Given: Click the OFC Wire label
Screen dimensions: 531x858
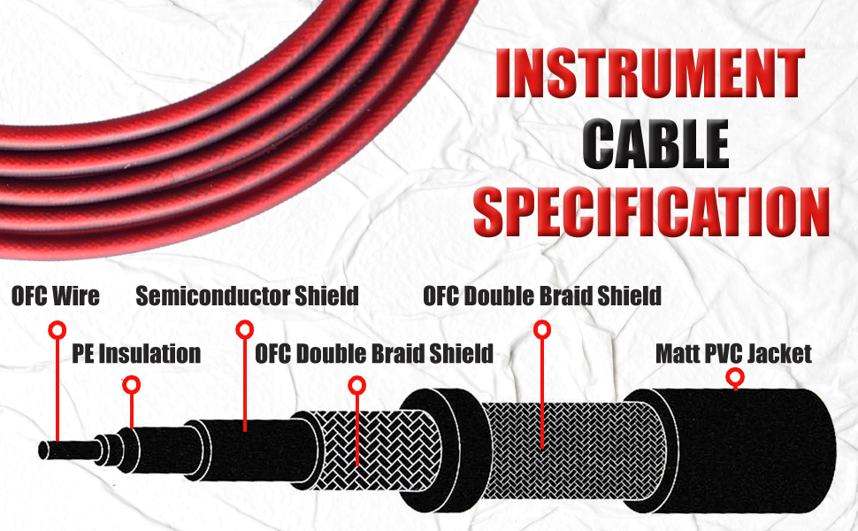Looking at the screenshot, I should click(55, 296).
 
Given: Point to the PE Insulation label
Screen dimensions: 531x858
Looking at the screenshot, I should click(135, 355).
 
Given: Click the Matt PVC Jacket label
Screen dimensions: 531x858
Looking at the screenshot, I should click(733, 354).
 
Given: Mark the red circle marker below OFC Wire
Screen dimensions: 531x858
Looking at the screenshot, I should click(57, 330).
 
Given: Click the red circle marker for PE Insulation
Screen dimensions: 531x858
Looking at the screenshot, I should click(132, 385).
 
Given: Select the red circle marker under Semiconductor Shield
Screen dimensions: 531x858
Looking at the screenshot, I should click(244, 329).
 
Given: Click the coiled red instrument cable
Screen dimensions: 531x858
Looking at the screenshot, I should click(177, 142).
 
